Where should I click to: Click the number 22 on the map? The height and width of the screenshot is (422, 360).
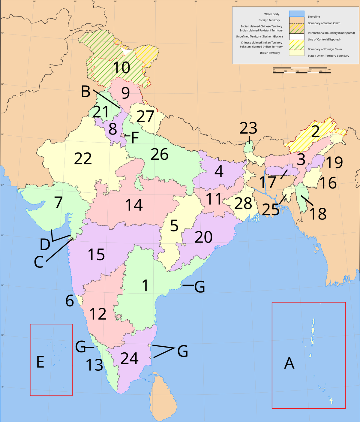coord(83,158)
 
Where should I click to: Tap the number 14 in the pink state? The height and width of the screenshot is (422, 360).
coord(134,205)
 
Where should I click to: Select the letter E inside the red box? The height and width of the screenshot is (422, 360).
coord(40,362)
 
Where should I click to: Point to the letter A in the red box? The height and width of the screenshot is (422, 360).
coord(289,363)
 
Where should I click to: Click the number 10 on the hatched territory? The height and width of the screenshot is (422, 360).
coord(121,68)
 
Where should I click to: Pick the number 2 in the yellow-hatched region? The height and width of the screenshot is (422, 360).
coord(315,131)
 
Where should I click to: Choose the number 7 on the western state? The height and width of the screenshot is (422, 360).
coord(58,202)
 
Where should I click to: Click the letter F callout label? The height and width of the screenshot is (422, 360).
coord(135,138)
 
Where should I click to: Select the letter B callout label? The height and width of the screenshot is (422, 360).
coord(85,92)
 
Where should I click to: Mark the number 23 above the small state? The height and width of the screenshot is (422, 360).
coord(248,128)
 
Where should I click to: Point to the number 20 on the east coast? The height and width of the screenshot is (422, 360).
coord(204,237)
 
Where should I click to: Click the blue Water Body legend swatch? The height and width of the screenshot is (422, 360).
coord(296,14)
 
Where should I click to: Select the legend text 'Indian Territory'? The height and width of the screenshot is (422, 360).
coord(270,53)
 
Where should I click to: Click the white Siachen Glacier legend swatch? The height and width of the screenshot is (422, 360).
coord(296,37)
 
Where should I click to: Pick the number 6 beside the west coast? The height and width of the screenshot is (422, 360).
coord(70,300)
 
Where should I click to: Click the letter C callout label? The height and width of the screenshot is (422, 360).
coord(39,262)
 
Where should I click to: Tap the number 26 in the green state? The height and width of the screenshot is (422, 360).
coord(159,154)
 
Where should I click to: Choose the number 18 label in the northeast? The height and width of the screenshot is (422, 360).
coord(318,214)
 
